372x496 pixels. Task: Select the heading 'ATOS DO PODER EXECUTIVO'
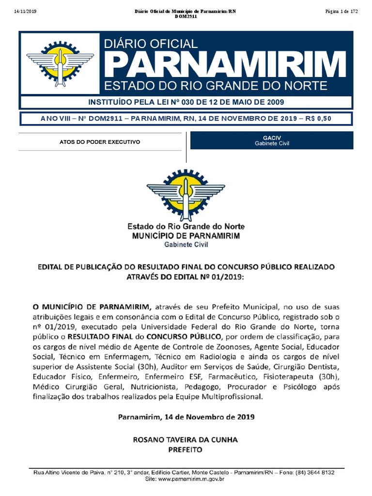pos(99,142)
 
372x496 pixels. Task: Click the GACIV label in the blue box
pos(272,138)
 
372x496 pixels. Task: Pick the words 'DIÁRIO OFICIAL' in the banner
pos(151,44)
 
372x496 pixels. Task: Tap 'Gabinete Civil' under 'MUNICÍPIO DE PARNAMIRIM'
pos(186,245)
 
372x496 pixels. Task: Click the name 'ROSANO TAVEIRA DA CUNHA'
pos(186,440)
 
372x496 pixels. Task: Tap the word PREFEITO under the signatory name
pos(186,449)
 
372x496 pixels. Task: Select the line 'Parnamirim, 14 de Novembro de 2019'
pos(186,417)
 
